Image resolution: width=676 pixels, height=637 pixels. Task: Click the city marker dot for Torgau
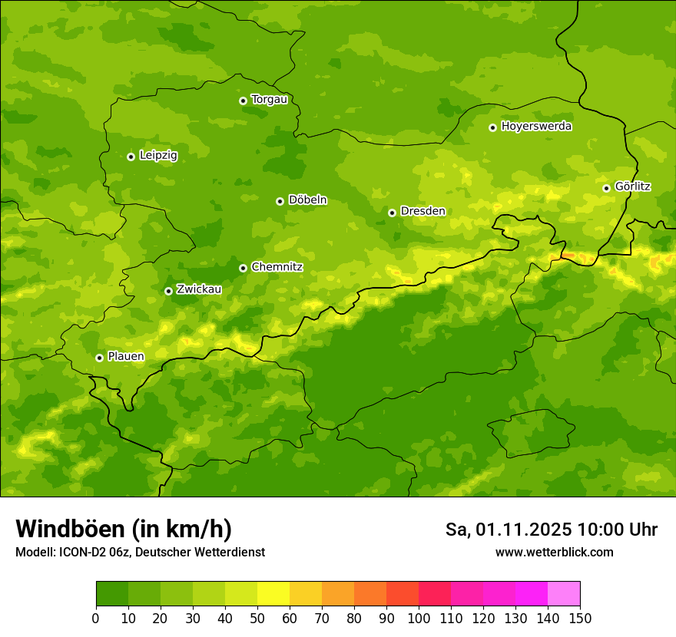click(x=243, y=101)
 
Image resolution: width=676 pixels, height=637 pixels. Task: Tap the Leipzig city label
click(x=158, y=156)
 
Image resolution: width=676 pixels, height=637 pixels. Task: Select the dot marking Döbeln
click(x=280, y=201)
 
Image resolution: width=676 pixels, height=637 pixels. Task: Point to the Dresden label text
click(x=422, y=211)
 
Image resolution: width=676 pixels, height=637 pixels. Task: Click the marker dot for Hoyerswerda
click(x=492, y=127)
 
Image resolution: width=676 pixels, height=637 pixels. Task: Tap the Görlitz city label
click(x=632, y=186)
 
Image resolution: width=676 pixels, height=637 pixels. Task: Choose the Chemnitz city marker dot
click(x=243, y=268)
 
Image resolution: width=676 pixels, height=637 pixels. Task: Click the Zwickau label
click(x=199, y=289)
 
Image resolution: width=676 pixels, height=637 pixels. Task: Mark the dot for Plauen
click(x=99, y=358)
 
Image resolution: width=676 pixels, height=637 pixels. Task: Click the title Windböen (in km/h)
click(x=124, y=529)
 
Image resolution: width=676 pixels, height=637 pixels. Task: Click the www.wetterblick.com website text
click(x=554, y=552)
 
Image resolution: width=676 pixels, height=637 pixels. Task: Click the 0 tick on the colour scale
click(x=96, y=618)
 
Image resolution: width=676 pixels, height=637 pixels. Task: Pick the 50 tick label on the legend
click(x=257, y=618)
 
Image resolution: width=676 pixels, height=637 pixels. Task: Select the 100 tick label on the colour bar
click(x=419, y=618)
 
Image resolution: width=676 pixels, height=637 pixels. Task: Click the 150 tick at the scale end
click(x=580, y=618)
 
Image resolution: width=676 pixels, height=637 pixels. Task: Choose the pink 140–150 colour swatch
click(x=564, y=594)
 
